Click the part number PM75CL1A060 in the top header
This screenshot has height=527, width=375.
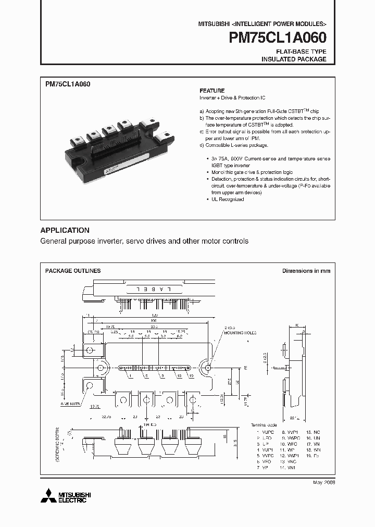click(278, 39)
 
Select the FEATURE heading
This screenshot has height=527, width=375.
click(212, 91)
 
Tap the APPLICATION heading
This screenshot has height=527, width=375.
click(65, 230)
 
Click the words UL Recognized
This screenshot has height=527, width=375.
click(227, 199)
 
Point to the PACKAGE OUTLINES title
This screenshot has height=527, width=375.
click(73, 271)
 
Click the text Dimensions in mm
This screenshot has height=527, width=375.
click(306, 271)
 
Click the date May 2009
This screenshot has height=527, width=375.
click(324, 483)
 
